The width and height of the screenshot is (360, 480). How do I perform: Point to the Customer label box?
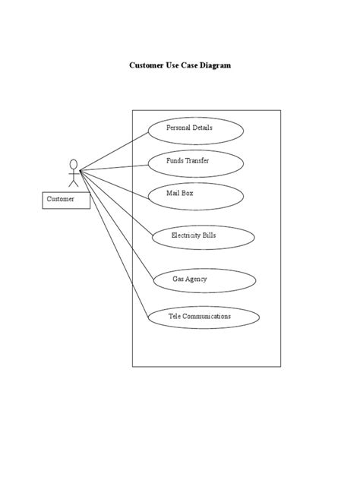pyautogui.click(x=65, y=200)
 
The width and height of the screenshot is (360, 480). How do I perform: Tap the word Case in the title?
pyautogui.click(x=188, y=65)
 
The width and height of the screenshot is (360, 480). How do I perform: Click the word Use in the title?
pyautogui.click(x=172, y=65)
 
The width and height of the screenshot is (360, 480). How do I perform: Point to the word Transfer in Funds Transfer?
pyautogui.click(x=197, y=161)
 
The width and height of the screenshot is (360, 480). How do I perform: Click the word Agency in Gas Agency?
pyautogui.click(x=196, y=279)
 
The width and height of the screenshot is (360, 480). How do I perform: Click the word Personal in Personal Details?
pyautogui.click(x=178, y=128)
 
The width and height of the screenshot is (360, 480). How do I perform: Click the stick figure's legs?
pyautogui.click(x=74, y=182)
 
